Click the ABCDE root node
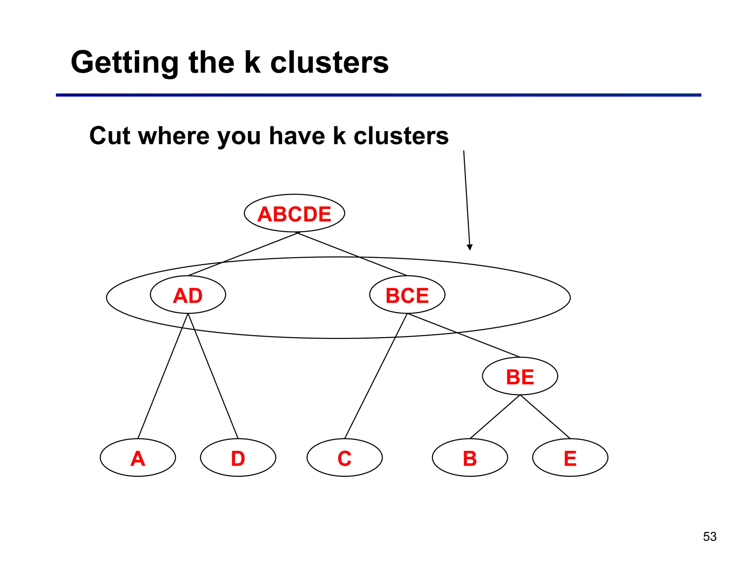pos(294,213)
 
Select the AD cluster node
pos(188,295)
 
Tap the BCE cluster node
pos(407,295)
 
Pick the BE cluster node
pos(520,376)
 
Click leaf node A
pos(138,458)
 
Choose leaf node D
pos(238,458)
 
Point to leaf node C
pos(344,458)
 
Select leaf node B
pos(470,458)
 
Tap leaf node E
pos(570,458)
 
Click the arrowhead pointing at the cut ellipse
pos(469,247)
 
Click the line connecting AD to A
pos(163,376)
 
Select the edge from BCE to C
pos(376,376)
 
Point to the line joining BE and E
pos(545,417)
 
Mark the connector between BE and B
pos(495,417)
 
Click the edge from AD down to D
pos(213,376)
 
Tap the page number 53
pos(710,536)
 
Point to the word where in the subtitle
pos(174,136)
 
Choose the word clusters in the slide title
pos(329,62)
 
